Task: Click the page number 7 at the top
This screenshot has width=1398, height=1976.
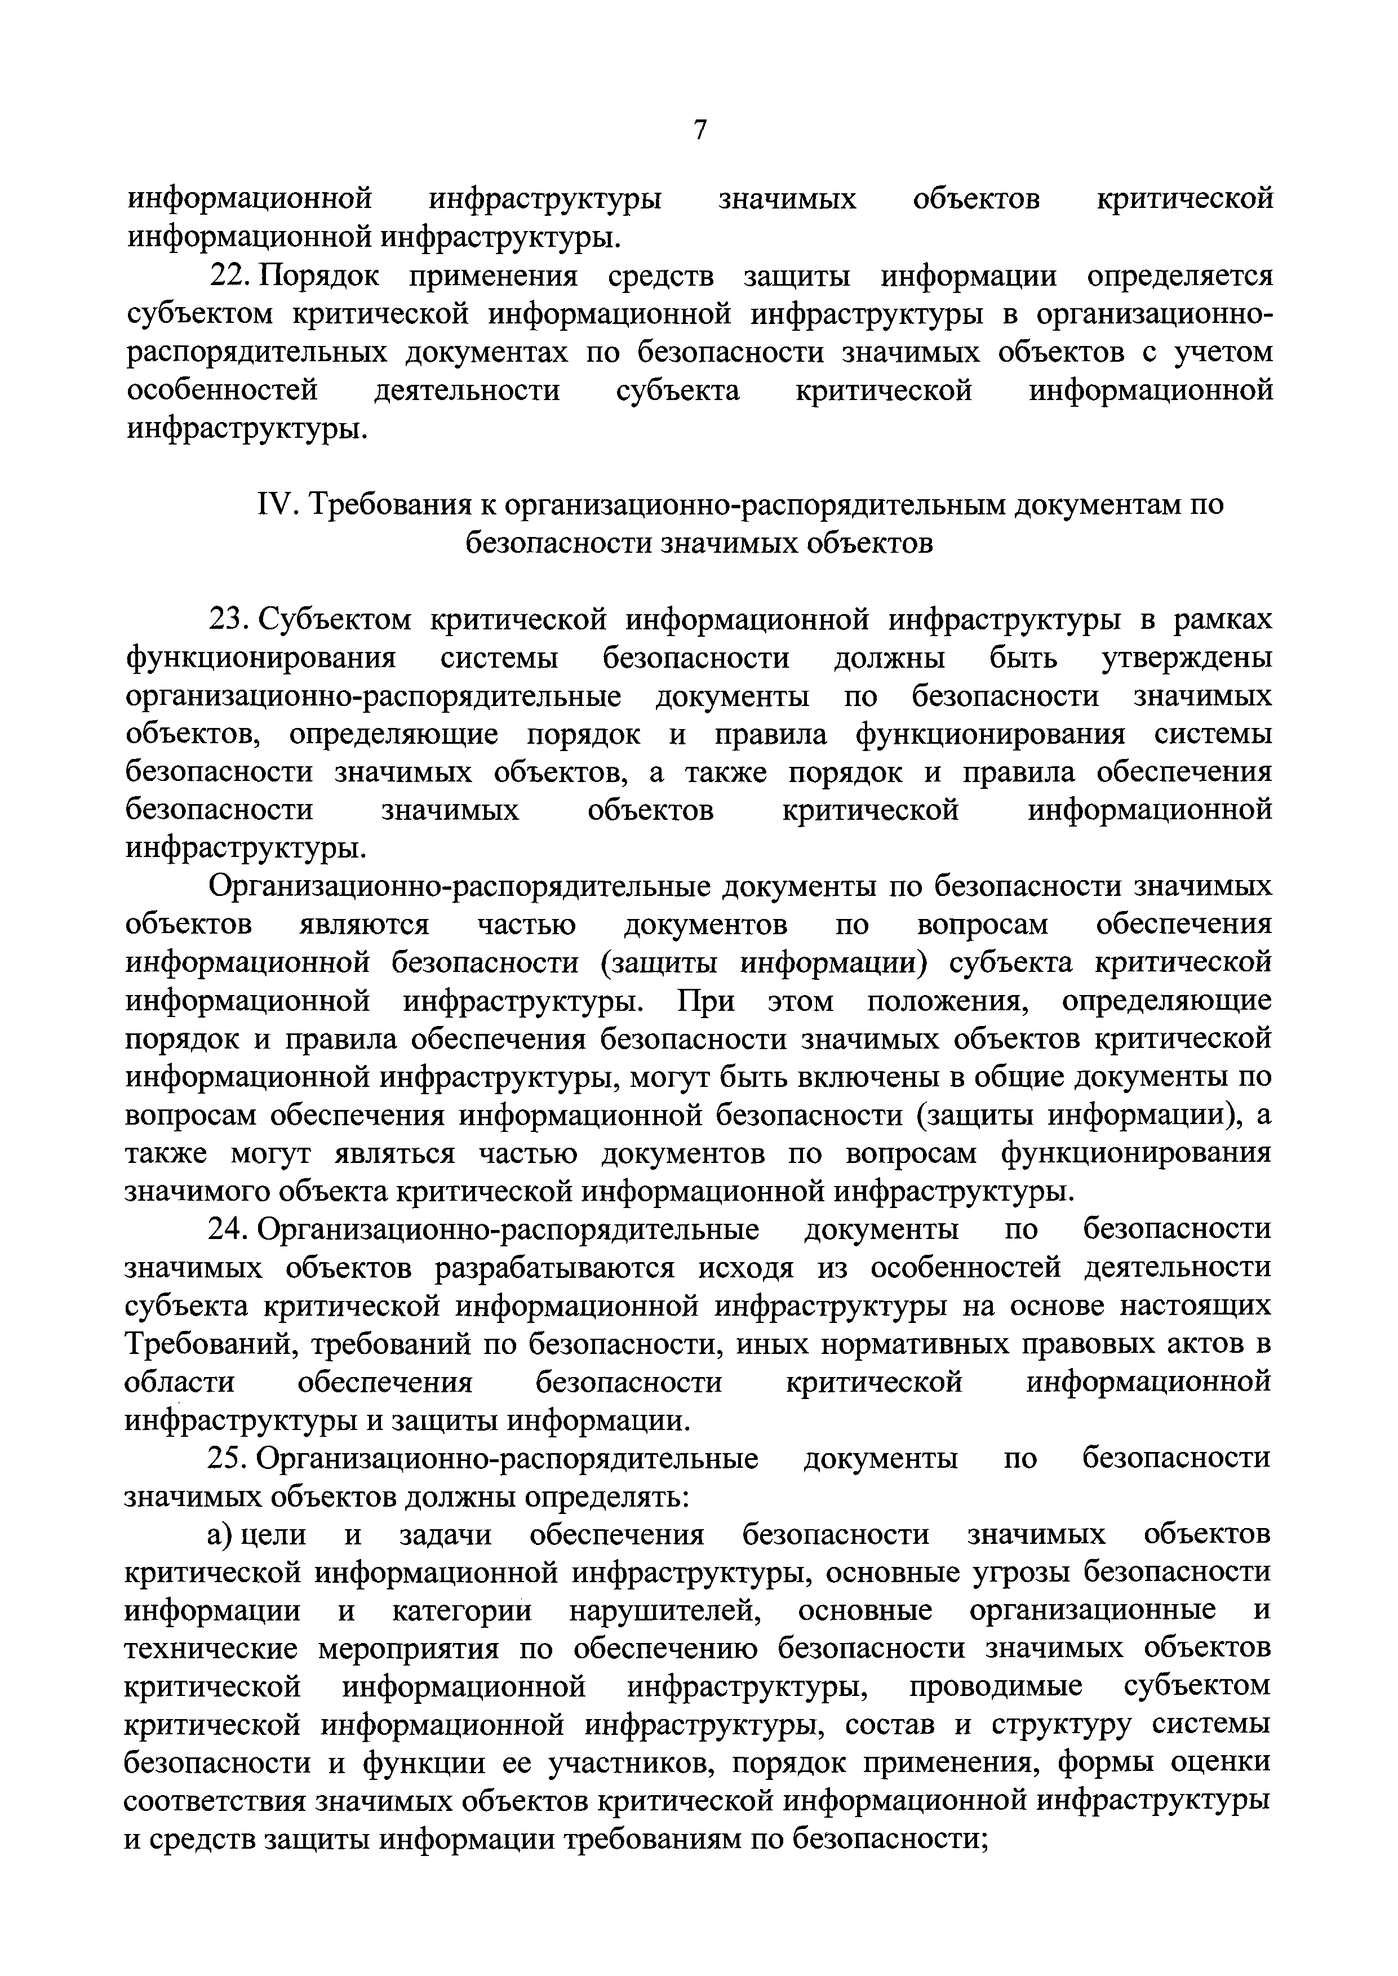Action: [x=700, y=130]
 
